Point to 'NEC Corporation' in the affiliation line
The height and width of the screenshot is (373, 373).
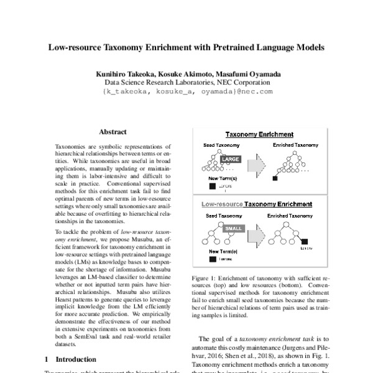pos(242,82)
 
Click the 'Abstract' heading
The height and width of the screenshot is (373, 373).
pos(113,132)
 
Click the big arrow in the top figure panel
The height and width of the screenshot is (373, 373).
pos(255,165)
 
